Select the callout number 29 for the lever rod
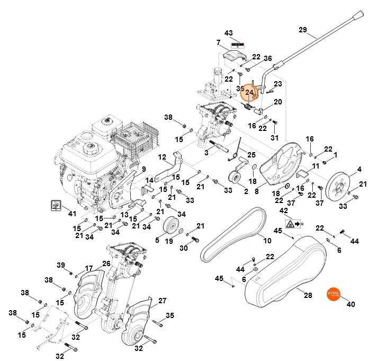click(302, 30)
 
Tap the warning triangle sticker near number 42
click(290, 224)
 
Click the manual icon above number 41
click(55, 204)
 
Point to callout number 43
click(229, 33)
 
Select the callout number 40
click(350, 304)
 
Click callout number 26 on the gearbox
click(106, 263)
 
